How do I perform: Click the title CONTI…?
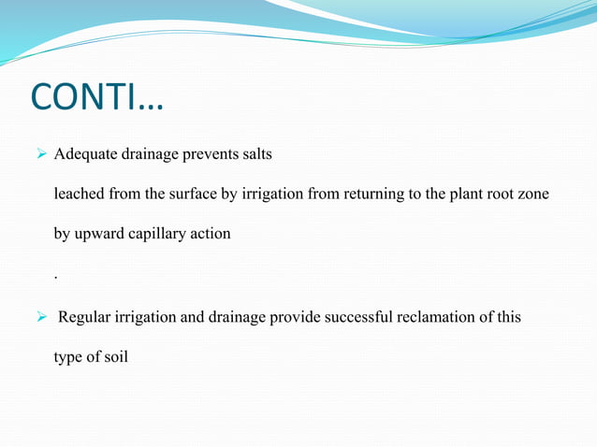(x=96, y=97)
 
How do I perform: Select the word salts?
(x=257, y=154)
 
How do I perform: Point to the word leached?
(x=79, y=194)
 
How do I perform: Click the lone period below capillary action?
(x=56, y=278)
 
